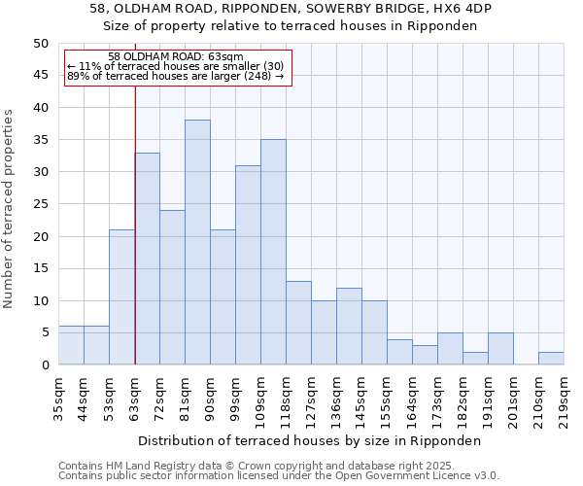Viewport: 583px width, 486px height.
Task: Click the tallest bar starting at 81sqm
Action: tap(197, 242)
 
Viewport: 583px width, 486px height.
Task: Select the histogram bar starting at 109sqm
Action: tap(273, 252)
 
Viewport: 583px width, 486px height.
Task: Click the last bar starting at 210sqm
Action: tap(551, 358)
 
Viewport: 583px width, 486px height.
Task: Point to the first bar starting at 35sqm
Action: tap(71, 345)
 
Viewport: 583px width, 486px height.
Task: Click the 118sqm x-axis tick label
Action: tap(286, 397)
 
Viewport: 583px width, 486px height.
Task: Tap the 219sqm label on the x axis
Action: tap(564, 397)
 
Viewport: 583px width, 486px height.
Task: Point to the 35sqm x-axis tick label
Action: tap(58, 397)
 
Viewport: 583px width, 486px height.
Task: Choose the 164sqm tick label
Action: tap(412, 397)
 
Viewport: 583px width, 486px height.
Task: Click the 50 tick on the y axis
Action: tap(40, 44)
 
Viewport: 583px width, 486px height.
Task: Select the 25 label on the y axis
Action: tap(40, 204)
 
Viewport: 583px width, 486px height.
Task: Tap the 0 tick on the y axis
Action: tap(44, 365)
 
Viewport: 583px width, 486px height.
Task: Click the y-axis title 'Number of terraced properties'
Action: tap(10, 208)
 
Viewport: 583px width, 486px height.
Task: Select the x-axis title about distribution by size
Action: tap(309, 440)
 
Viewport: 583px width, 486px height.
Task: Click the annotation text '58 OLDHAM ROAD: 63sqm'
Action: tap(176, 57)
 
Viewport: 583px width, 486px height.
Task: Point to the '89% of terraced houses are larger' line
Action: tap(176, 76)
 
